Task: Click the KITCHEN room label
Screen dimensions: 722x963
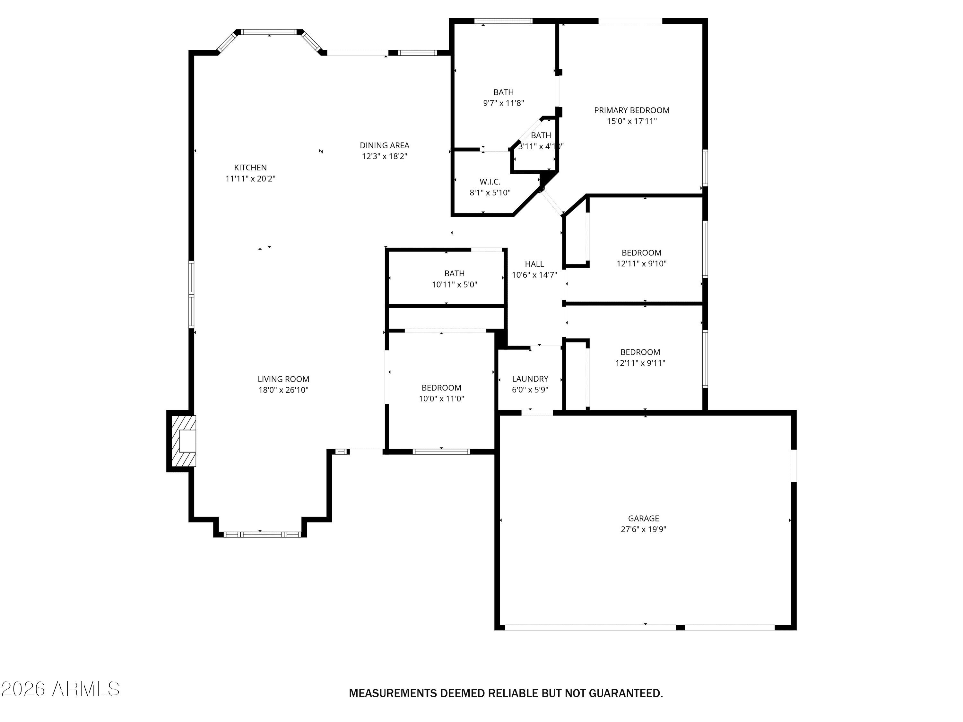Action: coord(250,168)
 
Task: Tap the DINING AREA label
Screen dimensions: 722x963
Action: coord(385,145)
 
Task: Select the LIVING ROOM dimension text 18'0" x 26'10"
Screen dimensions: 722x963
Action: coord(283,390)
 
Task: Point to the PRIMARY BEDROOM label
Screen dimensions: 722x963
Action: coord(632,110)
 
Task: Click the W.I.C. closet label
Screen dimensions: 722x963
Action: coord(490,182)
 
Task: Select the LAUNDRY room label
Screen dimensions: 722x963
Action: coord(530,379)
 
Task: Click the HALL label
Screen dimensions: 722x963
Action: coord(534,264)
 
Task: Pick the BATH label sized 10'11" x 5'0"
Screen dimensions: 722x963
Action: coord(454,274)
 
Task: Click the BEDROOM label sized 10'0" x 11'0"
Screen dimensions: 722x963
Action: coord(441,388)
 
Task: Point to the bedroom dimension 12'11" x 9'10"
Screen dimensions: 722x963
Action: coord(641,264)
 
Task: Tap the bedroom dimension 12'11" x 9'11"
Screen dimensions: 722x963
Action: coord(640,363)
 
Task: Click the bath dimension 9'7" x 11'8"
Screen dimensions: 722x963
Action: coord(503,103)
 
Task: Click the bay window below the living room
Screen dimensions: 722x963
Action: coord(262,534)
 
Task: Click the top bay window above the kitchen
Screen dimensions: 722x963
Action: coord(269,32)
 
